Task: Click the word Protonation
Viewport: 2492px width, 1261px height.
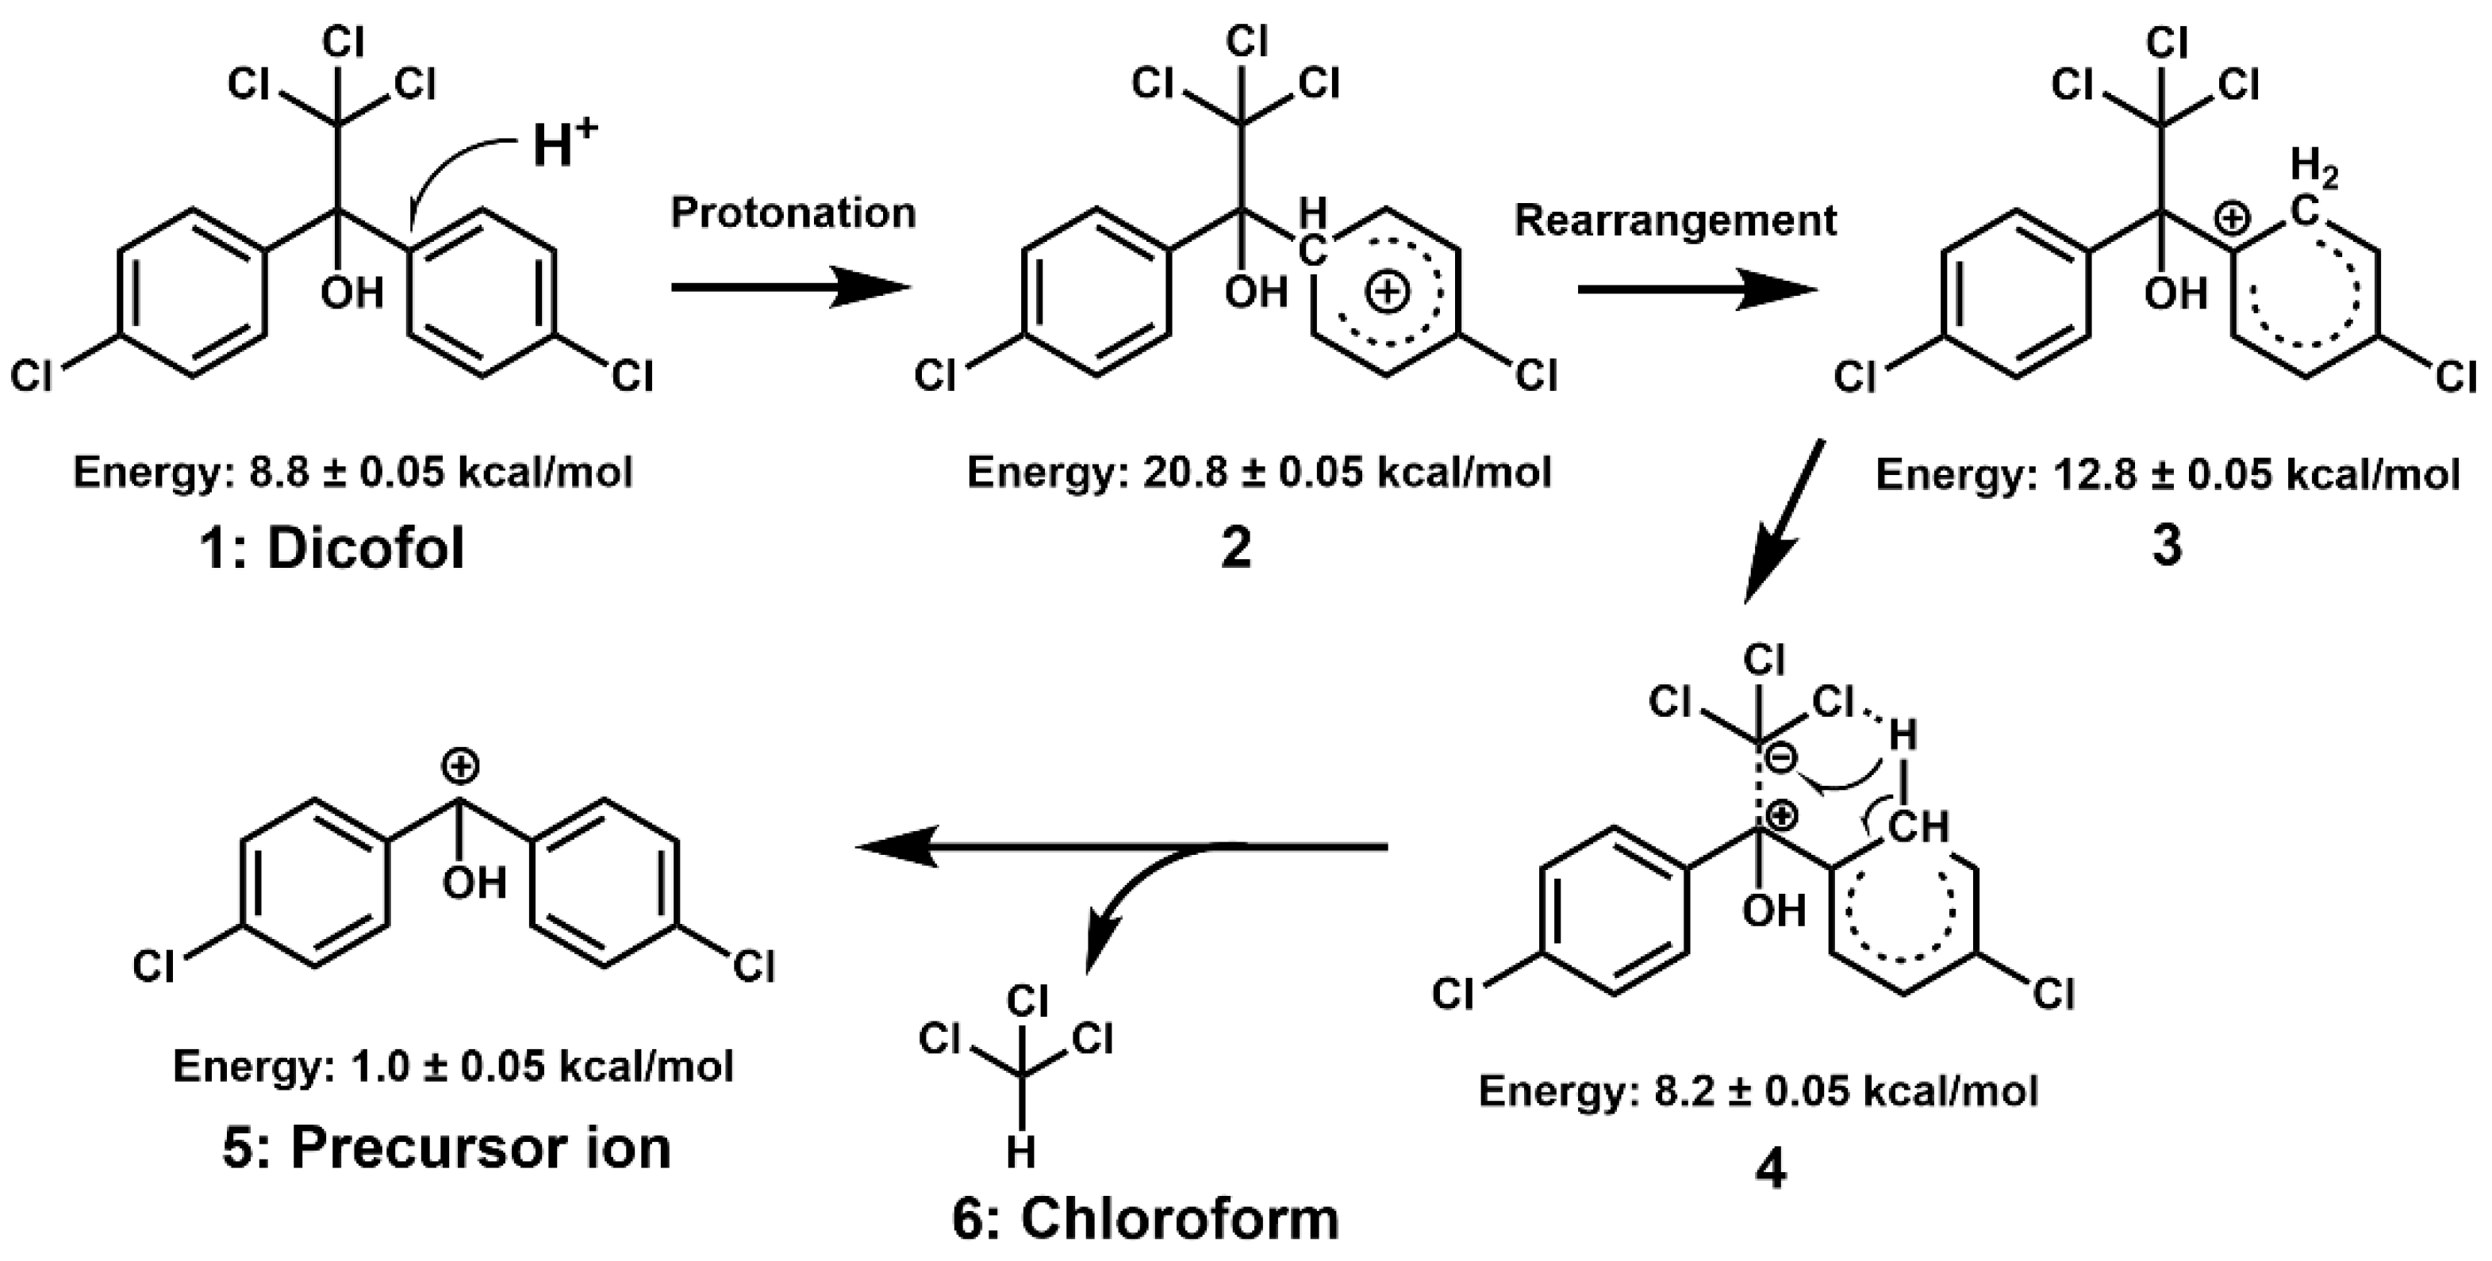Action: coord(793,213)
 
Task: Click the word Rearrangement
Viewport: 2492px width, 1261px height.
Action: coord(1675,220)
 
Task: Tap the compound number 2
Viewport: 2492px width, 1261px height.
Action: coord(1236,548)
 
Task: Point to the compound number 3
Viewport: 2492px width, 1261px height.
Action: coord(2166,546)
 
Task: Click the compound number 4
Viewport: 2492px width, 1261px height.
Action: coord(1770,1169)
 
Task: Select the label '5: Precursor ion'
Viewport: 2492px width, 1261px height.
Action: coord(447,1148)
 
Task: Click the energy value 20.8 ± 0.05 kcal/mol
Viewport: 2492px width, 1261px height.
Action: coord(1345,473)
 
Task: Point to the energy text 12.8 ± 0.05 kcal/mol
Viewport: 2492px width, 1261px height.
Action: coord(2254,475)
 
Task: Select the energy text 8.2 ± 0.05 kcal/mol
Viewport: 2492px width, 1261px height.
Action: coord(1844,1090)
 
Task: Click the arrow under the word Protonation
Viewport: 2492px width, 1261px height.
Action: coord(791,287)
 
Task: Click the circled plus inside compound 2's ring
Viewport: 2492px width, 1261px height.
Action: coord(1386,291)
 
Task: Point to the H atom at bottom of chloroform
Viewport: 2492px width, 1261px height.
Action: coord(1022,1152)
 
